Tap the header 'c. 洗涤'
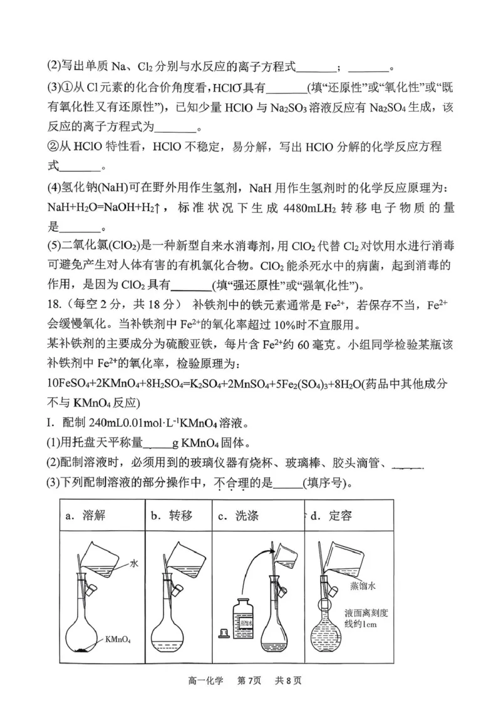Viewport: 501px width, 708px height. (x=238, y=516)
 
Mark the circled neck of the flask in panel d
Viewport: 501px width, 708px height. (x=325, y=608)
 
